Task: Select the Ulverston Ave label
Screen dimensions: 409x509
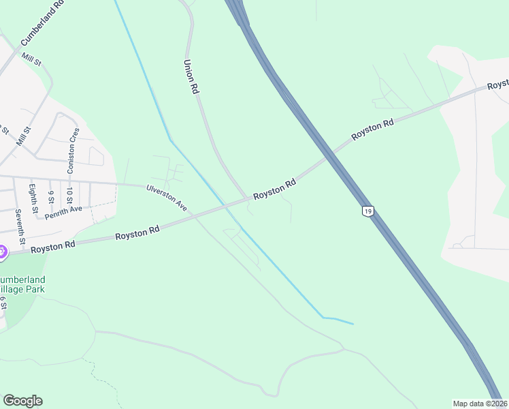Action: coord(166,197)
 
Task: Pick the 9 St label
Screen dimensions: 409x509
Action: coord(50,196)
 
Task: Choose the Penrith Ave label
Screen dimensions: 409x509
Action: coord(63,213)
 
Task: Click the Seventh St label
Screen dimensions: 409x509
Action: coord(21,228)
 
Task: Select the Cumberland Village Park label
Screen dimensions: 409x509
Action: coord(22,284)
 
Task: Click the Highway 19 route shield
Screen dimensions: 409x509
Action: coord(367,211)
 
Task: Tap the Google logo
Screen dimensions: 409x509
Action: coord(22,401)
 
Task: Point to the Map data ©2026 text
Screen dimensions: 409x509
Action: coord(479,404)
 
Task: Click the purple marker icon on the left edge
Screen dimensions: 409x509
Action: coord(1,252)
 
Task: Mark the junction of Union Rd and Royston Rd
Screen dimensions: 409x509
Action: coord(246,200)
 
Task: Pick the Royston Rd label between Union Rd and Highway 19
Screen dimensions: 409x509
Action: coord(275,189)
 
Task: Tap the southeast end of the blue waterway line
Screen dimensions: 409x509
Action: coord(352,323)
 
